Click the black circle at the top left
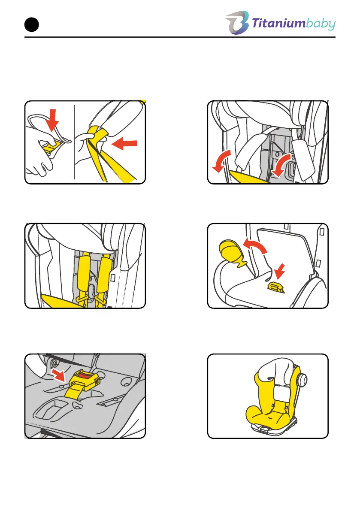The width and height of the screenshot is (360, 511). [x=32, y=25]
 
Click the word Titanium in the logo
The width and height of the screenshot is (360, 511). [x=278, y=24]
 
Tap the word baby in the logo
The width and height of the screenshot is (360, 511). [x=321, y=24]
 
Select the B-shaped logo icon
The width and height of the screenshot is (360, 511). [x=237, y=22]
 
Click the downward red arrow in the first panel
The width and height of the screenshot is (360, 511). [x=52, y=120]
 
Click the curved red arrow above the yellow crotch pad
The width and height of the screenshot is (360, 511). [x=255, y=245]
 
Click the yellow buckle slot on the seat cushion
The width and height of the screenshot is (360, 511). [x=275, y=287]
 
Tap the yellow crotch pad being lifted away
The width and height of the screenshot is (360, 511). [x=233, y=253]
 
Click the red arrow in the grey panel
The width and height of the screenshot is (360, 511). [x=59, y=375]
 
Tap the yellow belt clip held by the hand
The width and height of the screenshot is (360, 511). [x=49, y=147]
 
